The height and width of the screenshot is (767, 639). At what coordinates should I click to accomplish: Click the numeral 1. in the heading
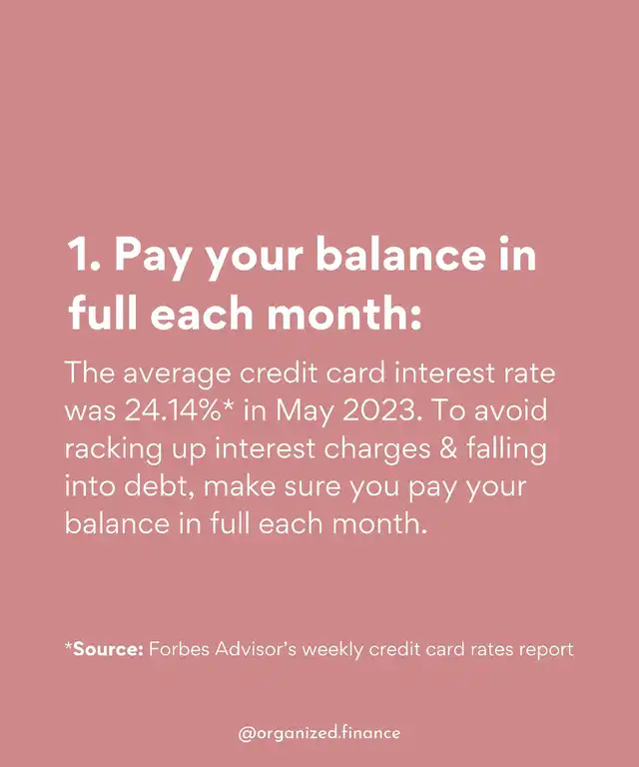tap(84, 255)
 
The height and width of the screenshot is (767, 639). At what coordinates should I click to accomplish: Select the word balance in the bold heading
tap(401, 255)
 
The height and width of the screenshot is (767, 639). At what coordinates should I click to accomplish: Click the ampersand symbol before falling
tap(448, 448)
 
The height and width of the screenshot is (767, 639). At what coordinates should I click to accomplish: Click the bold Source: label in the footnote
tap(108, 649)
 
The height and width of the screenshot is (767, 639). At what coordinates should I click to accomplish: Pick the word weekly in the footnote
tap(332, 650)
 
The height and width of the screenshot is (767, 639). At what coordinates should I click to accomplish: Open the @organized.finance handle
tap(319, 733)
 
